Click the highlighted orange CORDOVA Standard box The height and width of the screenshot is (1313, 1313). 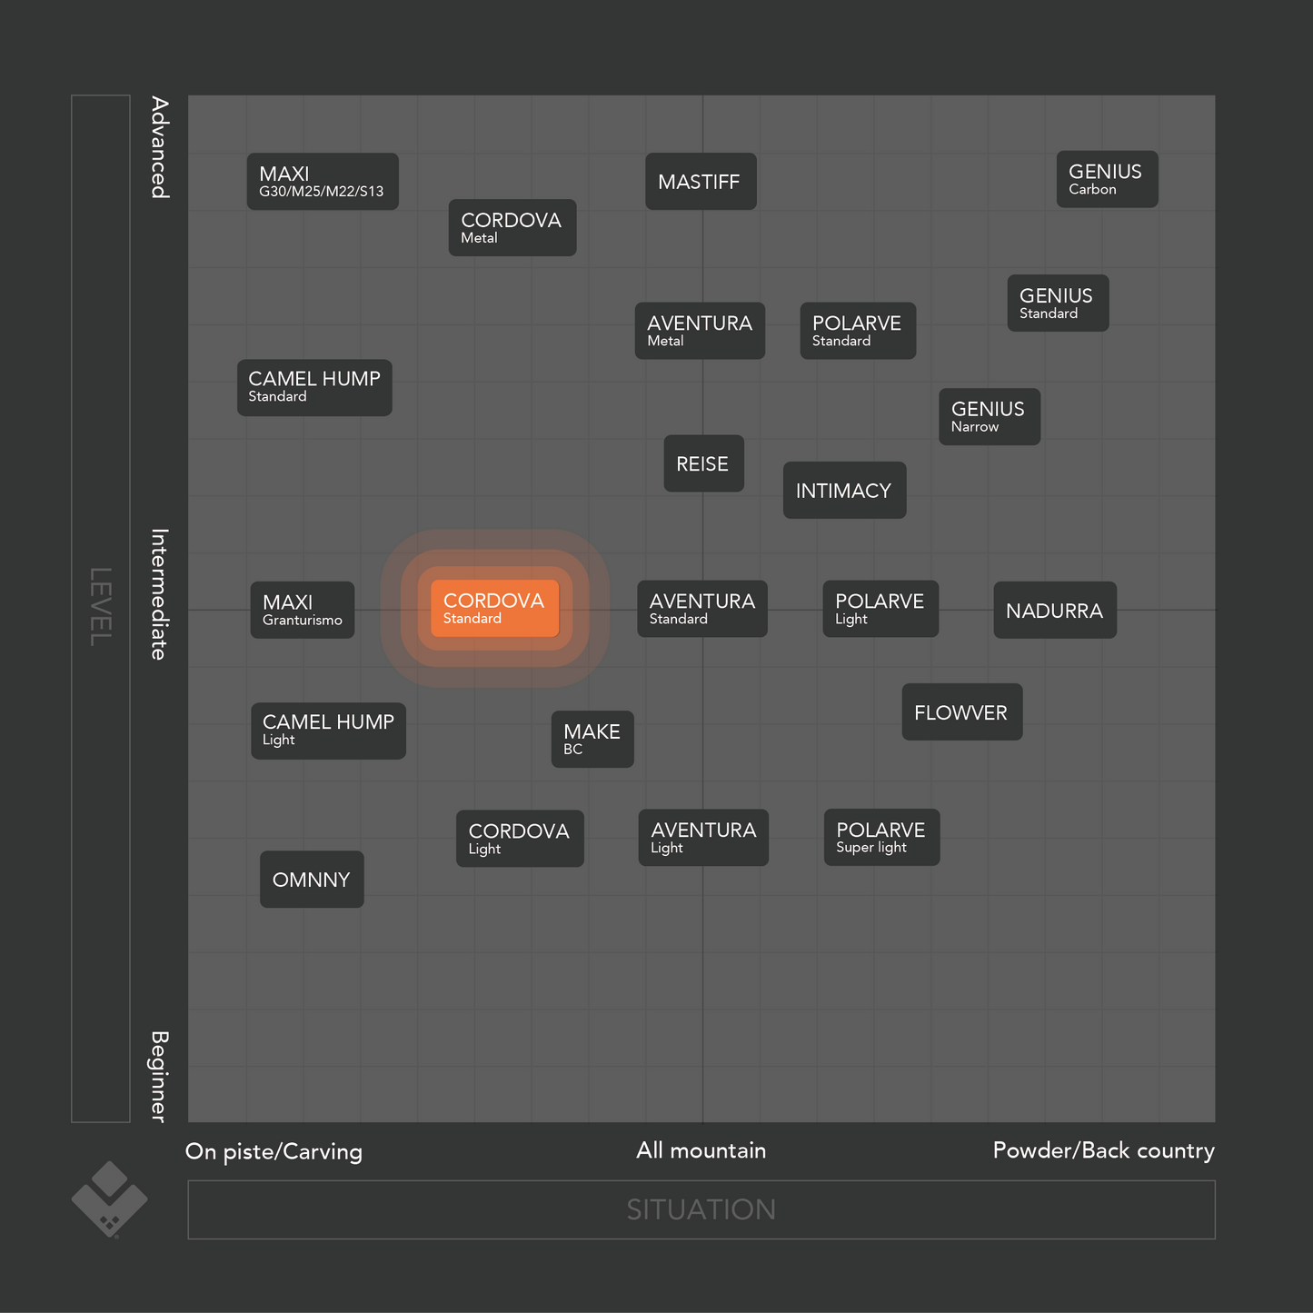494,608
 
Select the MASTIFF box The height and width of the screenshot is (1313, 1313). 701,182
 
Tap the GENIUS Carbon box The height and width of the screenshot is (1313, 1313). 1107,179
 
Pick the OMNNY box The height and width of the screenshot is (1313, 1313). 312,880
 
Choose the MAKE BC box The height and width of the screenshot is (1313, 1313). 592,740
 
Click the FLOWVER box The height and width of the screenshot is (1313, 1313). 961,712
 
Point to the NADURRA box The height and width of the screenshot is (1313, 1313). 1054,611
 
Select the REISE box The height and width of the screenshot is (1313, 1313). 703,463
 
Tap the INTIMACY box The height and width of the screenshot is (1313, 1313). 844,491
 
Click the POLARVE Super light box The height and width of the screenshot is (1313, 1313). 881,837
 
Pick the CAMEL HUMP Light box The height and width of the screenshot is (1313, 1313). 328,731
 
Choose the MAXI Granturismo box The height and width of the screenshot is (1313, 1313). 303,610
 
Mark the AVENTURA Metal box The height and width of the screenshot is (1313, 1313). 700,331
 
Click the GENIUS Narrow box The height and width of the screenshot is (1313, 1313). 989,417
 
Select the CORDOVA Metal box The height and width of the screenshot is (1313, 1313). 512,227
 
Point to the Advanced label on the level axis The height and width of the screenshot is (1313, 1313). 160,147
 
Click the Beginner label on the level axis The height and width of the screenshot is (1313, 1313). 160,1076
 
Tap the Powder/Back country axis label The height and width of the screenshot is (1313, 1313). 1103,1150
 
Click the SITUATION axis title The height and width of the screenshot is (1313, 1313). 701,1209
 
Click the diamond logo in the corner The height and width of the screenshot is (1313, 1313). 109,1199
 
